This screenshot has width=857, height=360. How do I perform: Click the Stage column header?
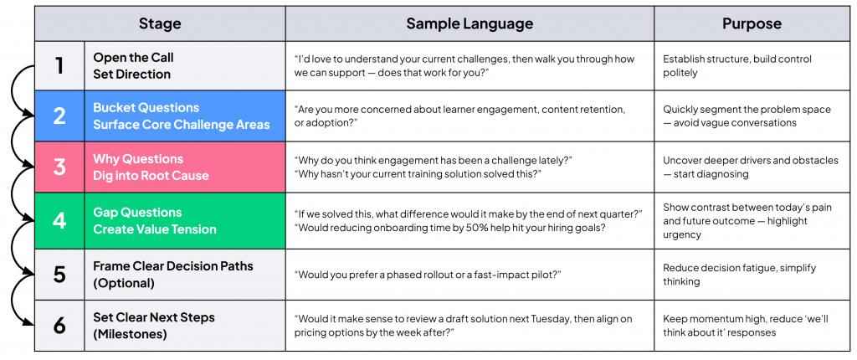159,23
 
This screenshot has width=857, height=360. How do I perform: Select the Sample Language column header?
470,23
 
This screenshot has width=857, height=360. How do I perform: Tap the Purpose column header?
751,23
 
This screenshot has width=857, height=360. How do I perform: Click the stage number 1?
59,65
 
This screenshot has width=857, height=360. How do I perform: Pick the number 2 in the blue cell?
59,116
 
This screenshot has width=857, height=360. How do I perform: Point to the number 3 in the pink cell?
59,167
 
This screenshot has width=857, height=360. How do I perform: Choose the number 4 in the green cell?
59,220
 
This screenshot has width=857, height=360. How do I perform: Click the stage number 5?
59,274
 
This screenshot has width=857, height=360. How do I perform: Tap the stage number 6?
59,325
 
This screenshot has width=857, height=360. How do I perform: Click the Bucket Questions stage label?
146,108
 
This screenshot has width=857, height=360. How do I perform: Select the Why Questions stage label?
138,159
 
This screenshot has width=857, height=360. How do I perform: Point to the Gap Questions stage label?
137,213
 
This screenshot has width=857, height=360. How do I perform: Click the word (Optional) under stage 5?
124,283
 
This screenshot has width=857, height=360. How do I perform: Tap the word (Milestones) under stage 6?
131,334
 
